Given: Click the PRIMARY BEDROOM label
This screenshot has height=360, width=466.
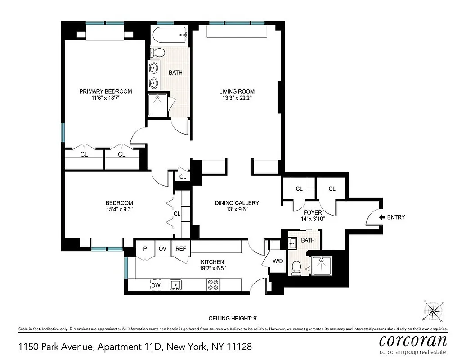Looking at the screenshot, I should pyautogui.click(x=106, y=91).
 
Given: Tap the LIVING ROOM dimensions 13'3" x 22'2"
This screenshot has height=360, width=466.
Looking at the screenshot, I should pyautogui.click(x=233, y=99).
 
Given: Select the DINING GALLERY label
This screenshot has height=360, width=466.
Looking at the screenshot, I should pyautogui.click(x=236, y=203).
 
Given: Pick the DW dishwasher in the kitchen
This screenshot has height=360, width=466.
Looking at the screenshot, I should pyautogui.click(x=156, y=285).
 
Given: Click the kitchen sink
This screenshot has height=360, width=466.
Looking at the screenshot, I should pyautogui.click(x=175, y=285).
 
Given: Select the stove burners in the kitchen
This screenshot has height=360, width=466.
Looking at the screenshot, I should pyautogui.click(x=213, y=285).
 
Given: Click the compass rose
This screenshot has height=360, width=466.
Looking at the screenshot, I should pyautogui.click(x=434, y=310).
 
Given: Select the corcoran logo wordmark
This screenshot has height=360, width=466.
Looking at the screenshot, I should pyautogui.click(x=413, y=340).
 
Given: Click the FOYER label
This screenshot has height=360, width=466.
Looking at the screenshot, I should pyautogui.click(x=313, y=212).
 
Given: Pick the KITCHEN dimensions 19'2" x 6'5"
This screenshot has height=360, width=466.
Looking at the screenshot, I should pyautogui.click(x=213, y=269).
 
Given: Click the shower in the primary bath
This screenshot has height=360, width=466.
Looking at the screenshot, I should pyautogui.click(x=158, y=105).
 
